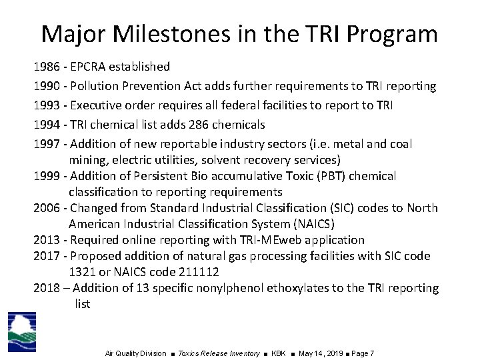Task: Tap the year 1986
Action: coord(46,67)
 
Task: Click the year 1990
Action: coord(46,86)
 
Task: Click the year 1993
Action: coord(46,105)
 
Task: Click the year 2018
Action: coord(46,288)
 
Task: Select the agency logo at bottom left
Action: coord(22,331)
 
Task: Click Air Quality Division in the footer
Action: coord(135,353)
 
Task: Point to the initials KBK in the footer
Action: coord(279,353)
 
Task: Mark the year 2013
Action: coord(46,240)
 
